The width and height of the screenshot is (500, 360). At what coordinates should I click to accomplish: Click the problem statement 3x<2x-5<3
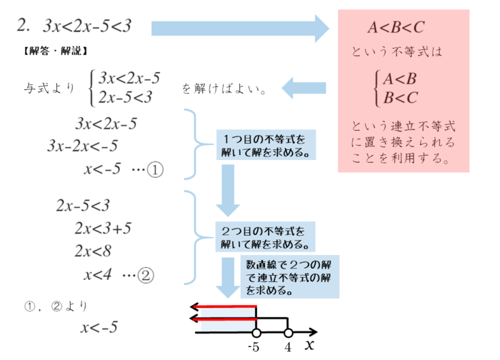pos(87,27)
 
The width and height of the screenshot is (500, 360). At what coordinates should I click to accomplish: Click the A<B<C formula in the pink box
pos(396,27)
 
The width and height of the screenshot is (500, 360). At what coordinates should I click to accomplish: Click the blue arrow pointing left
pos(304,89)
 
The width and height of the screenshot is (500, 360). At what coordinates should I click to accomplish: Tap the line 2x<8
pos(92,251)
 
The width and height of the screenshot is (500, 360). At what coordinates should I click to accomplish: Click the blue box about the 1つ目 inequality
pos(266,145)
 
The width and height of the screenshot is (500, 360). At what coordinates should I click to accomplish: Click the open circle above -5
pos(256,332)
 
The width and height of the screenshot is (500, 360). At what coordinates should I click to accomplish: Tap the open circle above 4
pos(288,332)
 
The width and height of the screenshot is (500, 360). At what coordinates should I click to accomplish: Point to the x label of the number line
pos(309,345)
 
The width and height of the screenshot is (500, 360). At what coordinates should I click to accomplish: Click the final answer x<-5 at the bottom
pos(99,327)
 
